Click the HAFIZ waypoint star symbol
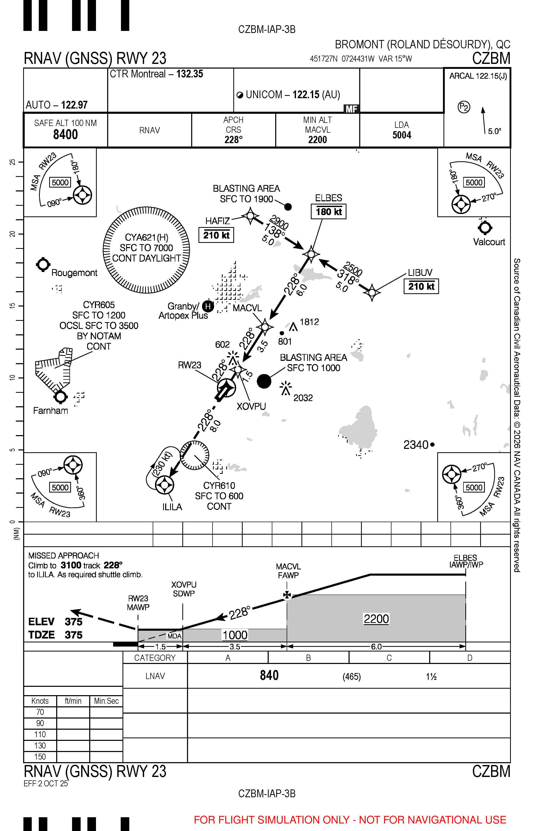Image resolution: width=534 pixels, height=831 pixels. (x=250, y=216)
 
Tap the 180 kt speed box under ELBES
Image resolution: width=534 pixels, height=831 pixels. (x=328, y=211)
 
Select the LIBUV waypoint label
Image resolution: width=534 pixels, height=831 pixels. (x=420, y=272)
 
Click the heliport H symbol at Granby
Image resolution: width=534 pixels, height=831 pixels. (x=208, y=306)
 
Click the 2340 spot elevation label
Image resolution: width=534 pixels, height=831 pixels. (x=416, y=444)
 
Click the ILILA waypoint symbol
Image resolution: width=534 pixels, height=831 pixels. (x=164, y=485)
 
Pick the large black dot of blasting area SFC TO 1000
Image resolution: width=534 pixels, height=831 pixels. (x=264, y=381)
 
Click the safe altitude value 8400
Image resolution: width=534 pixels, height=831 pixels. (x=65, y=134)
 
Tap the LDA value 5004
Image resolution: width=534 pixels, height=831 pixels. (x=402, y=135)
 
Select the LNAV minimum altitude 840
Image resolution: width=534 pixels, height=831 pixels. (x=269, y=675)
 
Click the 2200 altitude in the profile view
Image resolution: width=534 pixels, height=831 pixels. (x=376, y=619)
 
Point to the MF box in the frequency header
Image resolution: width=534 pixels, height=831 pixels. (x=351, y=109)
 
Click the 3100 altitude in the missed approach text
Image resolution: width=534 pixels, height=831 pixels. (x=71, y=565)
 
